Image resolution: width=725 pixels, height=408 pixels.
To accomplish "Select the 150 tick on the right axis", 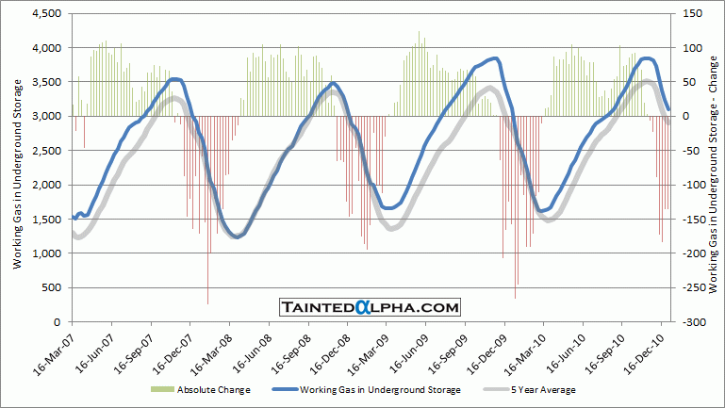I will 688,13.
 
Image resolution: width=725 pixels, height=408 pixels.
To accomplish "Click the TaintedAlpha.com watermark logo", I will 370,307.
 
